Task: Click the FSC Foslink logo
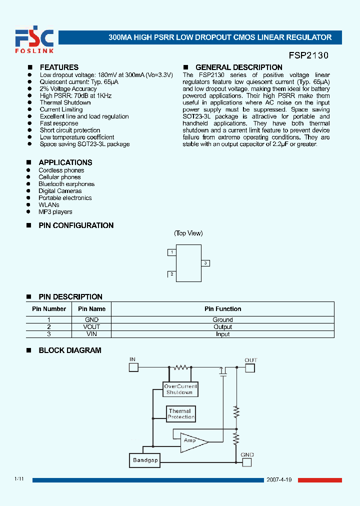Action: [x=34, y=40]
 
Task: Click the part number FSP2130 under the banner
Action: [x=308, y=56]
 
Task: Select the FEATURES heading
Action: [x=59, y=67]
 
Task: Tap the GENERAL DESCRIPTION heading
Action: [x=238, y=67]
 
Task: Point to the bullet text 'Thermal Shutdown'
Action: [x=65, y=102]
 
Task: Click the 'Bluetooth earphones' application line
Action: [x=66, y=184]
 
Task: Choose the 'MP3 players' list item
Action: [x=55, y=212]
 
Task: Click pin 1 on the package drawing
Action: [x=172, y=252]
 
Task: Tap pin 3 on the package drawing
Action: [x=205, y=263]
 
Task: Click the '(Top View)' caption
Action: [x=188, y=233]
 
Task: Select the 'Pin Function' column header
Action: [x=222, y=309]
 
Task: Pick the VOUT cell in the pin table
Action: [x=92, y=327]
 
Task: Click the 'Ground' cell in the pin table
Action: [x=222, y=320]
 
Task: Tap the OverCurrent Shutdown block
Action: [x=180, y=389]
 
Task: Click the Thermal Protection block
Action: [x=180, y=414]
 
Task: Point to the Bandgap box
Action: [x=145, y=460]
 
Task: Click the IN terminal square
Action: [x=133, y=367]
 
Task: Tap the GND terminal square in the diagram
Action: [x=247, y=462]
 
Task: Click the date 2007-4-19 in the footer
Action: [x=280, y=479]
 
